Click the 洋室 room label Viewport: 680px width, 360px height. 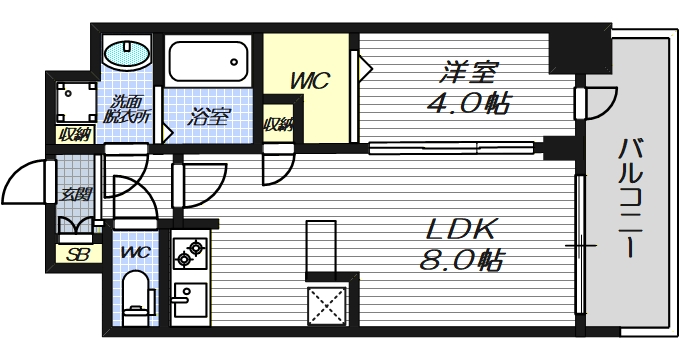pos(468,72)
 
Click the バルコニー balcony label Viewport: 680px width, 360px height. pos(629,199)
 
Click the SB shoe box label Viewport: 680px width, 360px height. pos(76,255)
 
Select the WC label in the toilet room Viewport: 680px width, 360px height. pos(133,252)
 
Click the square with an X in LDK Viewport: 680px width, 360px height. pos(326,305)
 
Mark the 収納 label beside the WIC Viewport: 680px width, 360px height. pos(277,125)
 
